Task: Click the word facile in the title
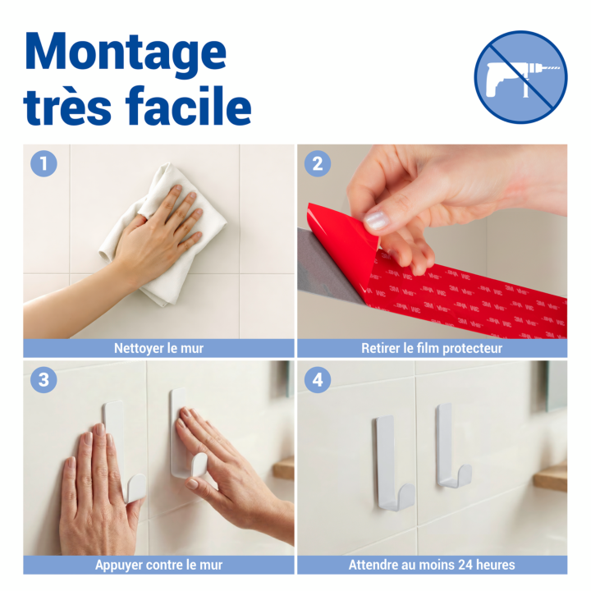189,106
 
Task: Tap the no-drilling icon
520,77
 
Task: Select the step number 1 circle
44,163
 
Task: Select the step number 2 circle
318,163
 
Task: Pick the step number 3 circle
44,379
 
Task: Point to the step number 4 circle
318,379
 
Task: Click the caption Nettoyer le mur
158,348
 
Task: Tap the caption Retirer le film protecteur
432,348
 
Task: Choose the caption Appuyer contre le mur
158,565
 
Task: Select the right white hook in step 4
451,446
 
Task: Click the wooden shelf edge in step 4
551,478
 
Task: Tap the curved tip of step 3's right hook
199,465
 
